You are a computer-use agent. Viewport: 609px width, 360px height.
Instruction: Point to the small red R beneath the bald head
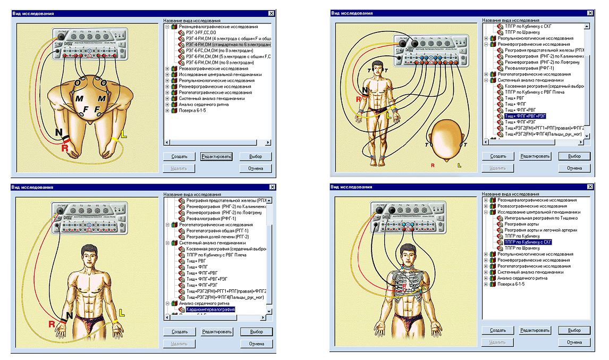click(433, 165)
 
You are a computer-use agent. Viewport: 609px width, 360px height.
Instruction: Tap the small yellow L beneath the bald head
click(459, 165)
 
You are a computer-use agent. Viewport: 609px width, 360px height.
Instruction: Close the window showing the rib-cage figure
click(590, 187)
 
